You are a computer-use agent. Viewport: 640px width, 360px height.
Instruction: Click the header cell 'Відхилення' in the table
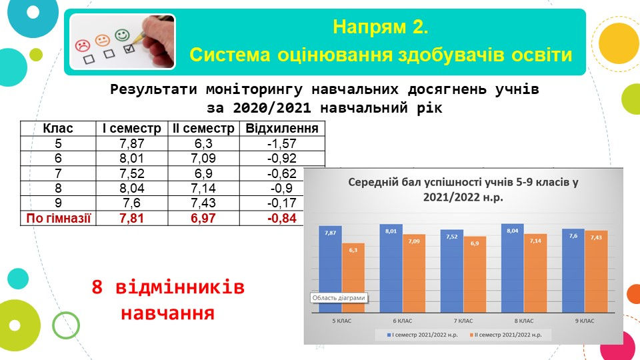coord(282,129)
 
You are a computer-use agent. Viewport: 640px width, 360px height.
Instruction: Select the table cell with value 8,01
coord(131,159)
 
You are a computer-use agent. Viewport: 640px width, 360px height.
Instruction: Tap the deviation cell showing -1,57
coord(282,144)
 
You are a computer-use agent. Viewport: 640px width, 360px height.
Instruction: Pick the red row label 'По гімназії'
coord(58,218)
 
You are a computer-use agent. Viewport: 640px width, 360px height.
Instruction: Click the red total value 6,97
coord(203,218)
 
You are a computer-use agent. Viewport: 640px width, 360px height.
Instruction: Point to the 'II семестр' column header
coord(203,129)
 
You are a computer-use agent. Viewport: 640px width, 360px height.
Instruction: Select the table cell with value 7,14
coord(203,188)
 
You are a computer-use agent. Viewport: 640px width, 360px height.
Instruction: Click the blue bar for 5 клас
coord(330,269)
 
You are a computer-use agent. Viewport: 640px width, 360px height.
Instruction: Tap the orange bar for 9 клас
coord(596,271)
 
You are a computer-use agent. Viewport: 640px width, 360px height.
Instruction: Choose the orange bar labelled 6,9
coord(475,274)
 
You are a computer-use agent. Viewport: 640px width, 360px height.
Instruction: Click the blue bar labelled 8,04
coord(513,268)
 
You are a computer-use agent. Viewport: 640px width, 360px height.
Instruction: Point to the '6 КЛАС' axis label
coord(403,321)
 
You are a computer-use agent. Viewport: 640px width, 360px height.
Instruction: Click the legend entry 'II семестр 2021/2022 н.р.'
coord(506,335)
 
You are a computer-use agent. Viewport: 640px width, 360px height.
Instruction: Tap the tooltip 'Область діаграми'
coord(339,298)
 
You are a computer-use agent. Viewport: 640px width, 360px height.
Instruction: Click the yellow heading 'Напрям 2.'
coord(381,27)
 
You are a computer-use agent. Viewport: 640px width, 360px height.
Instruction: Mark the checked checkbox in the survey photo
coord(129,49)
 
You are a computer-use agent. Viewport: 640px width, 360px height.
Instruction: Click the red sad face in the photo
coord(83,45)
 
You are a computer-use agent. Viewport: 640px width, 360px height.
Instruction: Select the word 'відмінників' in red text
coord(180,287)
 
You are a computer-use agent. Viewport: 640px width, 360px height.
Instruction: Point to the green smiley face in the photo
coord(122,35)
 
